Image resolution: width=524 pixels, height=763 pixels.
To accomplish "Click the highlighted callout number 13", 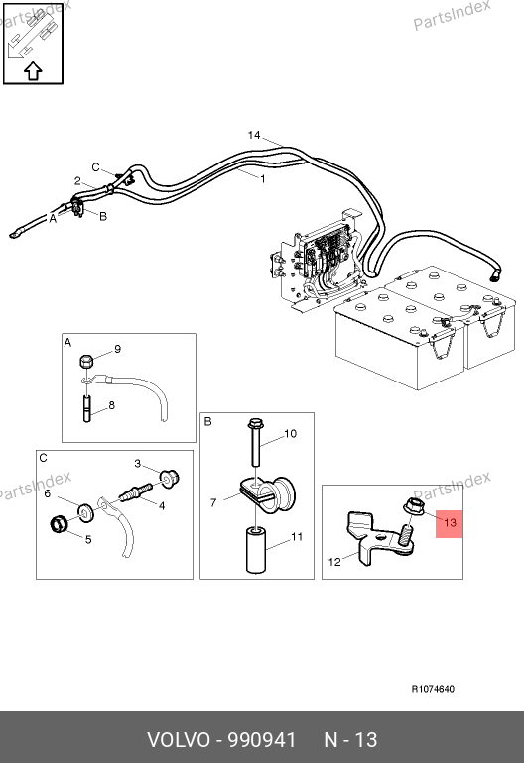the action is (x=450, y=523).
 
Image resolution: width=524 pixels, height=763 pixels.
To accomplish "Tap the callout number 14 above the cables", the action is (x=254, y=135).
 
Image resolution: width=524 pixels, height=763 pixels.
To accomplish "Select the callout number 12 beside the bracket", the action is (x=334, y=562).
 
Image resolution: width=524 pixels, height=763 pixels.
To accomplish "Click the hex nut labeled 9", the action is (x=85, y=362).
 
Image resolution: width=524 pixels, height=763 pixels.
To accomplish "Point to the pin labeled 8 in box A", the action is (x=87, y=409).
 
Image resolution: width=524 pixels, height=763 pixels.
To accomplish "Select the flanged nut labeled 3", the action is (x=170, y=479).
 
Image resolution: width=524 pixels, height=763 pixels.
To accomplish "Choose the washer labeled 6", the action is (x=86, y=512).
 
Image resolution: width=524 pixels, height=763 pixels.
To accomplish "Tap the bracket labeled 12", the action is (x=379, y=538).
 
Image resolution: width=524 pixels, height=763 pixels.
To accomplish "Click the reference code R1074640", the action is (x=433, y=689).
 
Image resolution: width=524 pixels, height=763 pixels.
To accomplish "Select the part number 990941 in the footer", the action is (x=262, y=740).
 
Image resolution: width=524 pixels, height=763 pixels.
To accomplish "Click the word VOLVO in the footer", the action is (x=179, y=740).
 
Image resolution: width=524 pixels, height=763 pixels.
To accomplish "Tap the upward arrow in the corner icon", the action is (x=33, y=71).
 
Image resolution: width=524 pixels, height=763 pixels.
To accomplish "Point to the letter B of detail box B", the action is (x=207, y=421).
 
